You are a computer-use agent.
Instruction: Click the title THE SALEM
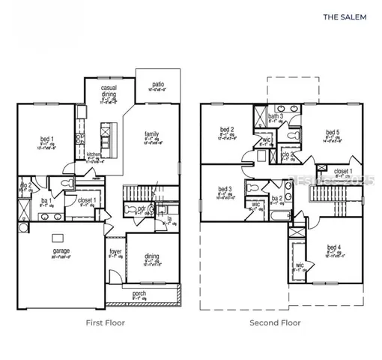click(x=345, y=16)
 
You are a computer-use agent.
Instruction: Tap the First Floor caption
click(x=105, y=323)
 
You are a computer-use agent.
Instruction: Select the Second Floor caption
click(x=275, y=323)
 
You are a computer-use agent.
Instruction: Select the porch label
click(x=139, y=293)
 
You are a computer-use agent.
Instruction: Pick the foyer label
click(x=115, y=251)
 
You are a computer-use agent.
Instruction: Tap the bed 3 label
click(x=225, y=189)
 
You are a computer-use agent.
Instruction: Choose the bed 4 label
click(x=334, y=247)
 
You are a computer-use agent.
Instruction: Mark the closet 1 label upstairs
click(x=344, y=171)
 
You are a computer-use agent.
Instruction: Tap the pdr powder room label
click(x=142, y=208)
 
